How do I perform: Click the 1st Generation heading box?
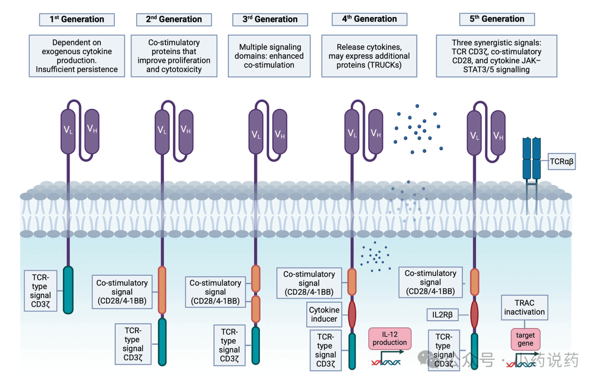77,19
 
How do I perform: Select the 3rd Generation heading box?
270,19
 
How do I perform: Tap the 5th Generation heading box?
497,19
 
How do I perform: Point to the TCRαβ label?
561,161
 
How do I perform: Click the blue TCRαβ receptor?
532,159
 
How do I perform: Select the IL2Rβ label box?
443,315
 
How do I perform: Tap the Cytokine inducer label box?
324,315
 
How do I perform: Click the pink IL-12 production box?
390,338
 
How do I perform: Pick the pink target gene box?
525,339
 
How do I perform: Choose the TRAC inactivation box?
524,307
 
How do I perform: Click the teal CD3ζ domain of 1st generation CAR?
68,290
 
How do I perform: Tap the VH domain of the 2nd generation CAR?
186,131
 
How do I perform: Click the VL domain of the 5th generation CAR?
474,133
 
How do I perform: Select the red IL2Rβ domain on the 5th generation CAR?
474,315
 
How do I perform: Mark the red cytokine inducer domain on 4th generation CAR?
352,315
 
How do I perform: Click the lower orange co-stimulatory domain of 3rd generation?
256,309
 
